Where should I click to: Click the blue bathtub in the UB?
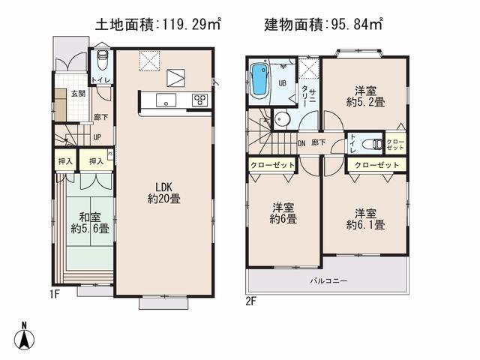259,81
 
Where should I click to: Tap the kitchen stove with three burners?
200,100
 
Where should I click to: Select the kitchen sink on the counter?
164,100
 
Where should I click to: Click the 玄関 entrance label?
78,94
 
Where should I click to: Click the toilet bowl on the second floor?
370,144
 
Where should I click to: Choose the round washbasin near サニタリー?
282,118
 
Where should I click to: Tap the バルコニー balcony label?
328,281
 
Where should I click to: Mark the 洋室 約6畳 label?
283,213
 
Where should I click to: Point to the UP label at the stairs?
97,137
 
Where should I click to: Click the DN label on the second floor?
301,142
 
